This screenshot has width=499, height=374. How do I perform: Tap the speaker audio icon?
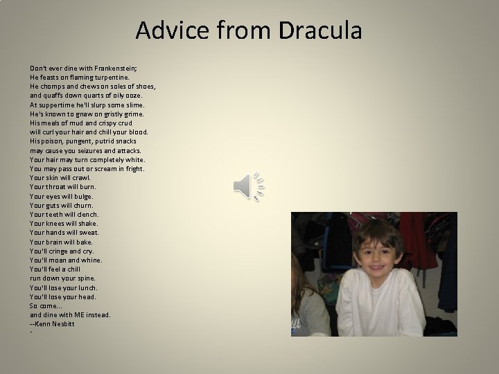pos(250,186)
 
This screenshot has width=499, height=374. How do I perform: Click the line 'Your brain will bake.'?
pos(61,242)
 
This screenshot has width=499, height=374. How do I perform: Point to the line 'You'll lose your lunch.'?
pos(64,287)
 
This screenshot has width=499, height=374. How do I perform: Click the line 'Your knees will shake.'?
pos(64,223)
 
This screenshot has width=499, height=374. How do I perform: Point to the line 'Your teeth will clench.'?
pos(64,214)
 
